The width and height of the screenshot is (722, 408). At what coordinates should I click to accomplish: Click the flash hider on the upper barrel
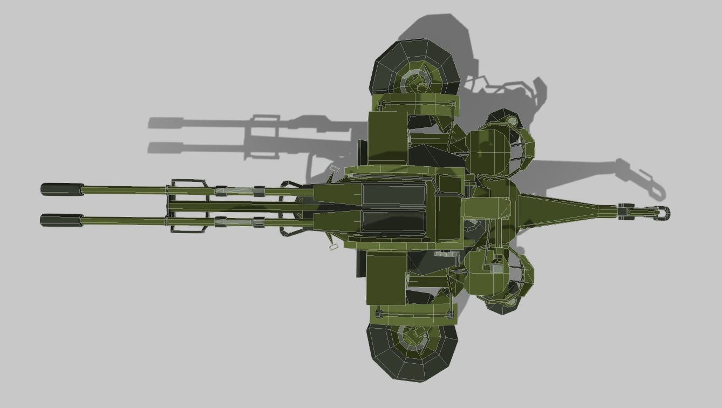(62, 189)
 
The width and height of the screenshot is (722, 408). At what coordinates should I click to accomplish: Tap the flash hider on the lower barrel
(62, 220)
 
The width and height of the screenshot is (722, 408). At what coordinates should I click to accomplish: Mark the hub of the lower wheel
(413, 337)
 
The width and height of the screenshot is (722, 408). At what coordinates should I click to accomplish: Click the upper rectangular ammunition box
(387, 138)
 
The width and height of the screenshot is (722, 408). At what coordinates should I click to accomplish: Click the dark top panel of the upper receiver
(393, 194)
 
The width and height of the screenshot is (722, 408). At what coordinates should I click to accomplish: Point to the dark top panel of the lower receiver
(393, 221)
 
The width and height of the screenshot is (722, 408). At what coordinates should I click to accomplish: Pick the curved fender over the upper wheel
(416, 103)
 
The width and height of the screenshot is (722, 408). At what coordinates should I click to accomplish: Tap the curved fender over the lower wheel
(413, 312)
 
